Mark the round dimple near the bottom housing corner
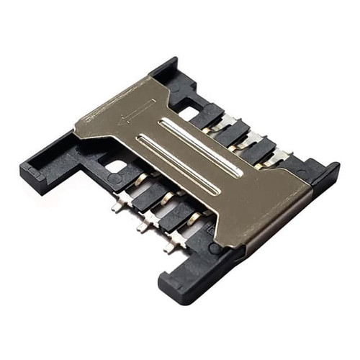pos(215,248)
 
